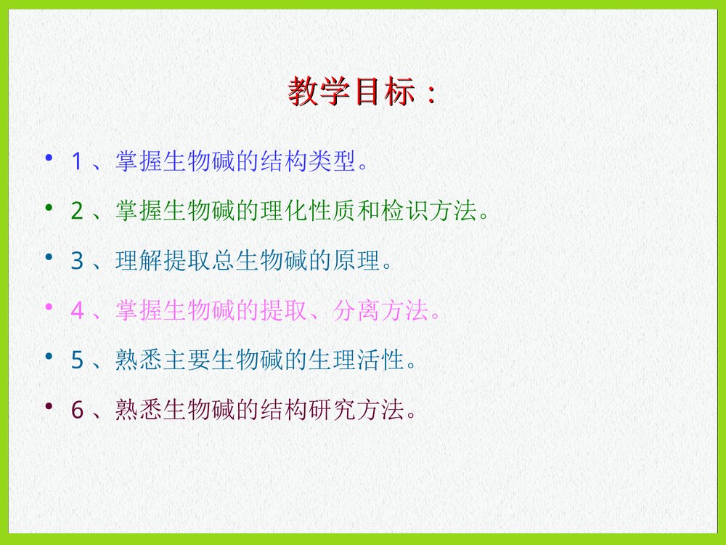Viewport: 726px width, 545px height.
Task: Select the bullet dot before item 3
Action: coord(49,257)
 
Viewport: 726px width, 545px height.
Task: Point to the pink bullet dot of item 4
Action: coord(49,307)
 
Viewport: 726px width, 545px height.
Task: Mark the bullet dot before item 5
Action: coord(49,357)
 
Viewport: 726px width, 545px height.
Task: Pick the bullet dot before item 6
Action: coord(49,406)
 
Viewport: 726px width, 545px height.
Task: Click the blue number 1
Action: coord(76,161)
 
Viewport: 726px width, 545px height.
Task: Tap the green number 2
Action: coord(77,211)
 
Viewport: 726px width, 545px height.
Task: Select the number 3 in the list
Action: coord(77,261)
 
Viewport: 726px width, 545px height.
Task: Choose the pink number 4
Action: coord(77,311)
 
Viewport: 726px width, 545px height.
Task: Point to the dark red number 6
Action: coord(77,411)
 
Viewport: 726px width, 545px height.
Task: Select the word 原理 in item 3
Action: coord(356,261)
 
